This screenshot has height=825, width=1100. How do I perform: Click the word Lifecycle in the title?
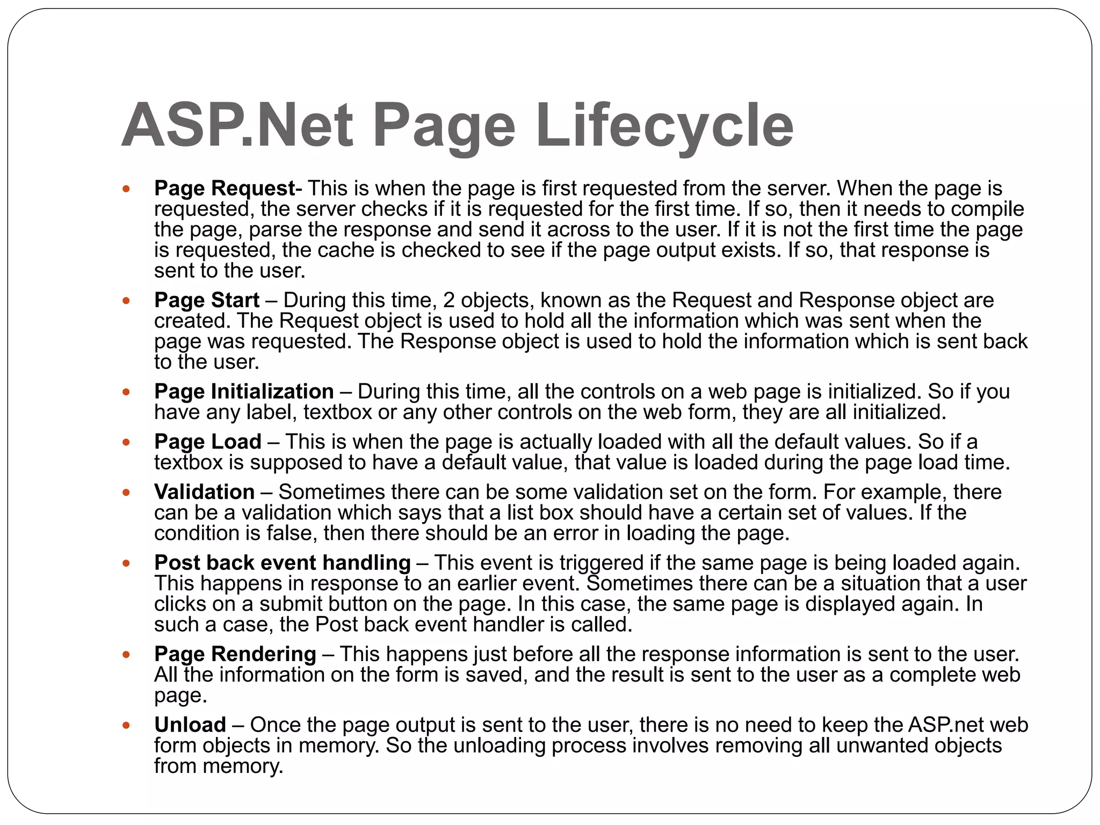coord(664,126)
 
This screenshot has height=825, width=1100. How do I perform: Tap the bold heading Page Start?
coord(207,300)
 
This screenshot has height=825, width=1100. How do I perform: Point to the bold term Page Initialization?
coord(244,392)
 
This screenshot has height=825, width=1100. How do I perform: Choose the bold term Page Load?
coord(208,442)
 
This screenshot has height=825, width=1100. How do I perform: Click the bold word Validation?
coord(204,492)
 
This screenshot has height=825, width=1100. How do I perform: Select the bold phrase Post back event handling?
coord(283,562)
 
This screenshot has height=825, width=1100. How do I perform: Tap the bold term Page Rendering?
coord(235,654)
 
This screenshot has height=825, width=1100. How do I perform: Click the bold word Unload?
coord(190,725)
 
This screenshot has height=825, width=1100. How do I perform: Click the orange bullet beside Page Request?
coord(126,189)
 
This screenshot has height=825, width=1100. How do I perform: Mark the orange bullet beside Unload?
coord(126,726)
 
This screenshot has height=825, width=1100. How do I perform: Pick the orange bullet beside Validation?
coord(126,493)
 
